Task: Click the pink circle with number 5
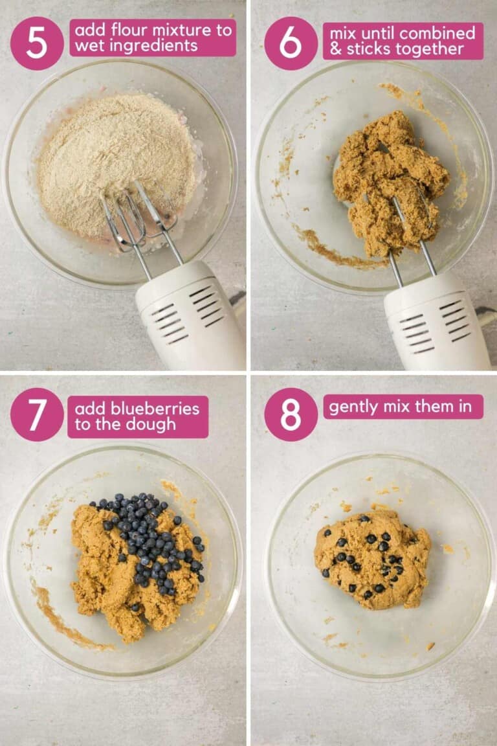coord(37,43)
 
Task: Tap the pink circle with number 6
coord(291,43)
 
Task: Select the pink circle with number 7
coord(37,414)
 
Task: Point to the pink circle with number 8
coord(291,414)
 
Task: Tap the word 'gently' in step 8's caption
coord(353,407)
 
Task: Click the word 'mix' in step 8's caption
coord(399,407)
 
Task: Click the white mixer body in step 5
coord(191,317)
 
